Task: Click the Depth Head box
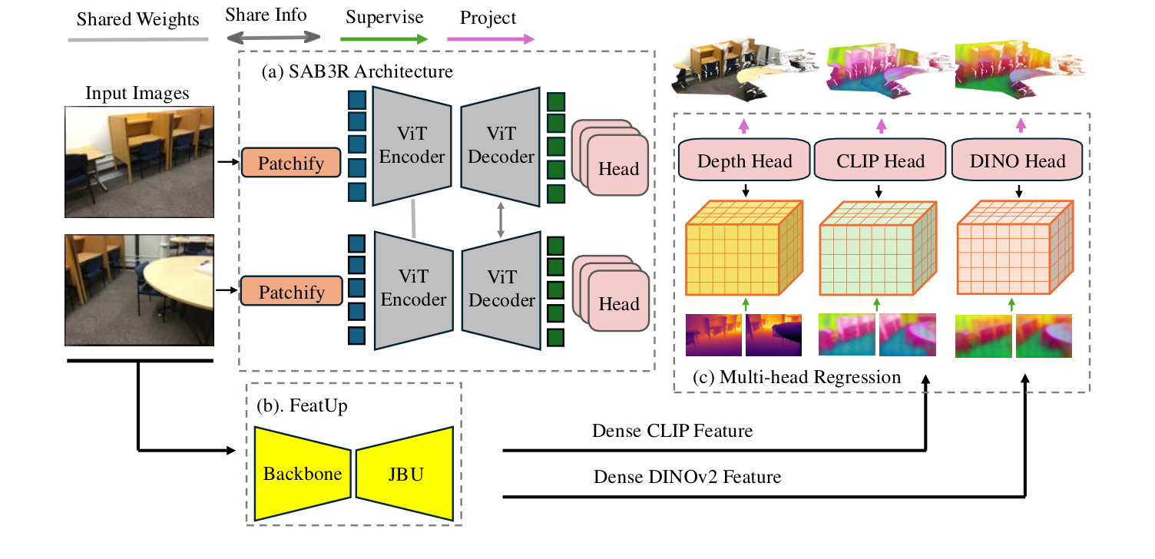[x=743, y=160]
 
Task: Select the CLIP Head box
[x=879, y=160]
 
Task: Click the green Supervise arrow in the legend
[x=383, y=38]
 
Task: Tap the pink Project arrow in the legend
[x=497, y=38]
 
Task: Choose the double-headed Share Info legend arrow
[x=273, y=37]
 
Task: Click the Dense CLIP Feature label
[x=672, y=432]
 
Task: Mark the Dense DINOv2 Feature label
[x=687, y=477]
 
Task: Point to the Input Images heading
[x=137, y=94]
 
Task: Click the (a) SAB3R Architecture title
[x=357, y=73]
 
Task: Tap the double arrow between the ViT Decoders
[x=501, y=219]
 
